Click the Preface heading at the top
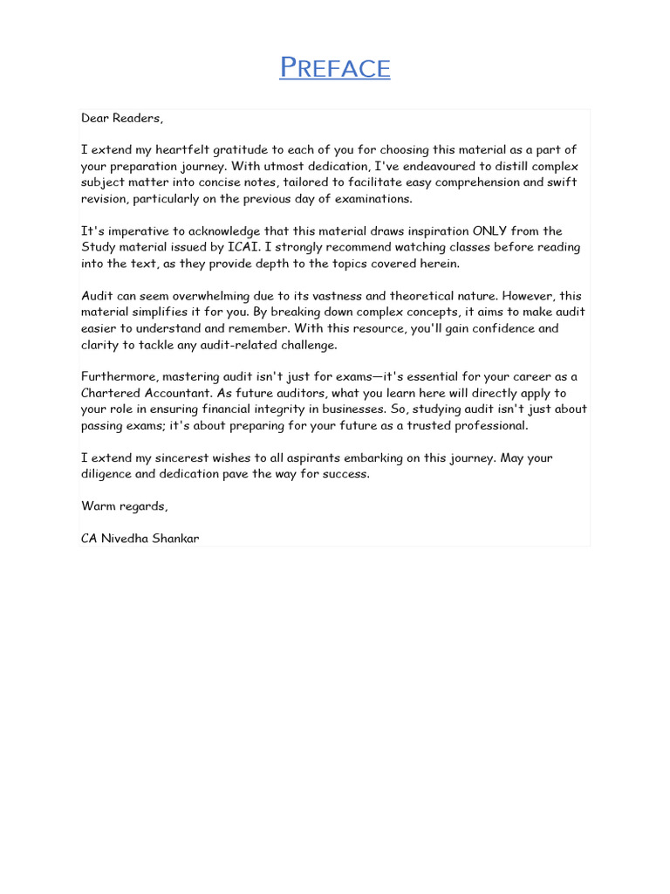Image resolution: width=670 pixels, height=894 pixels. (x=335, y=67)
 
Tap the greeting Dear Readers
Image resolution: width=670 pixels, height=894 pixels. (x=122, y=118)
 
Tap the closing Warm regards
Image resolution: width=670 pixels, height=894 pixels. (x=124, y=506)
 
